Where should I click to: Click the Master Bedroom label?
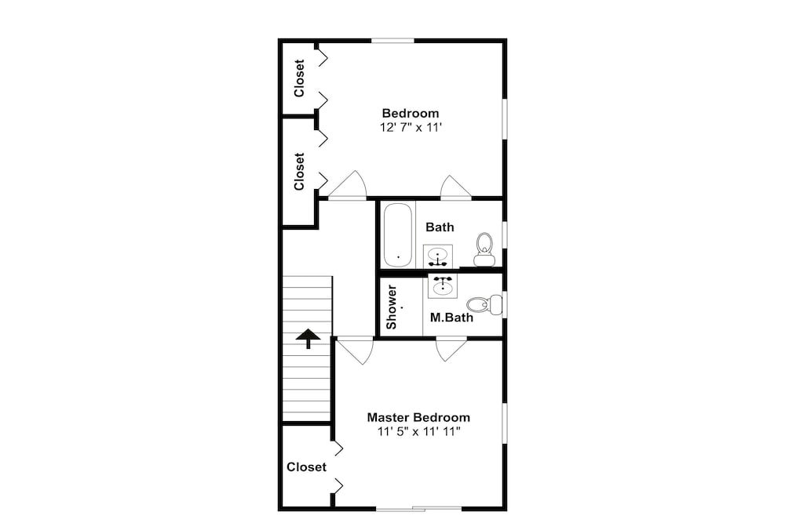click(418, 417)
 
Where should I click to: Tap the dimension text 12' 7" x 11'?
click(411, 128)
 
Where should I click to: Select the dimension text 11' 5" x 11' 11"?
click(418, 431)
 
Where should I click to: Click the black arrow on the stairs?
click(308, 339)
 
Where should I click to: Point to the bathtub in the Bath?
click(398, 234)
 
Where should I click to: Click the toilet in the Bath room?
click(484, 249)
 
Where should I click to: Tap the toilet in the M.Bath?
click(484, 304)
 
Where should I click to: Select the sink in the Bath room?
click(437, 256)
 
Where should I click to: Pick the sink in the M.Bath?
click(443, 285)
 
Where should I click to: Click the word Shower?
click(392, 307)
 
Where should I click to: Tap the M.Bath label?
click(451, 318)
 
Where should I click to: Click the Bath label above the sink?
click(440, 227)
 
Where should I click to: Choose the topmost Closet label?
click(299, 78)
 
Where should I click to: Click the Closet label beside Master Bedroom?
click(306, 467)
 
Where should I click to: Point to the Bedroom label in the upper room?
click(411, 114)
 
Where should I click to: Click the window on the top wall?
click(392, 41)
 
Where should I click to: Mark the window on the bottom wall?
click(418, 509)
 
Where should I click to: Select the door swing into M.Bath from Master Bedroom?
click(451, 350)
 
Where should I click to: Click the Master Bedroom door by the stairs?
click(355, 350)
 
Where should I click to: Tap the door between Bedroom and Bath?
click(455, 188)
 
